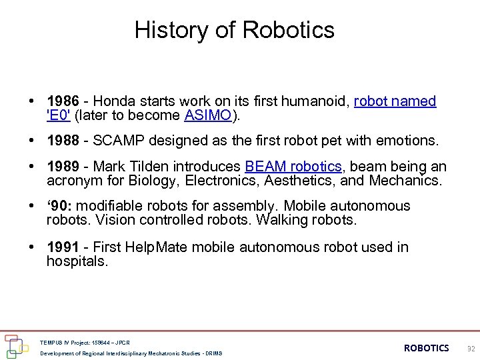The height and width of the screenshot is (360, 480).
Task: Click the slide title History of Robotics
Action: click(234, 30)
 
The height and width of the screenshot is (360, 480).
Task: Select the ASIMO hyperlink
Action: click(207, 115)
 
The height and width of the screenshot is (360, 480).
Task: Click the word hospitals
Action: click(76, 261)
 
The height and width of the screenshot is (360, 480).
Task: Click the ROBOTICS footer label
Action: click(426, 348)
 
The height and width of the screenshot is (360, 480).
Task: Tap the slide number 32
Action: click(471, 349)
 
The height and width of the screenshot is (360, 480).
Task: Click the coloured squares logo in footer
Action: click(15, 345)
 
